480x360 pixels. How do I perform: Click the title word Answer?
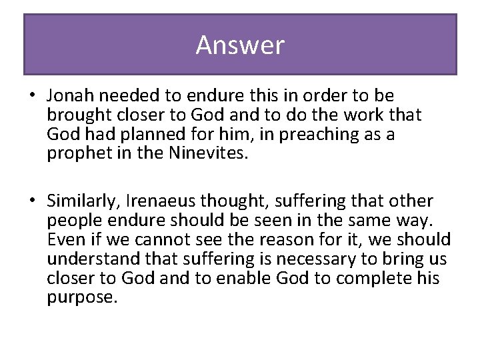[240, 45]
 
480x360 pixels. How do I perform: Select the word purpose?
[82, 297]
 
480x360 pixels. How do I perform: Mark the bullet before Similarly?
[31, 201]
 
